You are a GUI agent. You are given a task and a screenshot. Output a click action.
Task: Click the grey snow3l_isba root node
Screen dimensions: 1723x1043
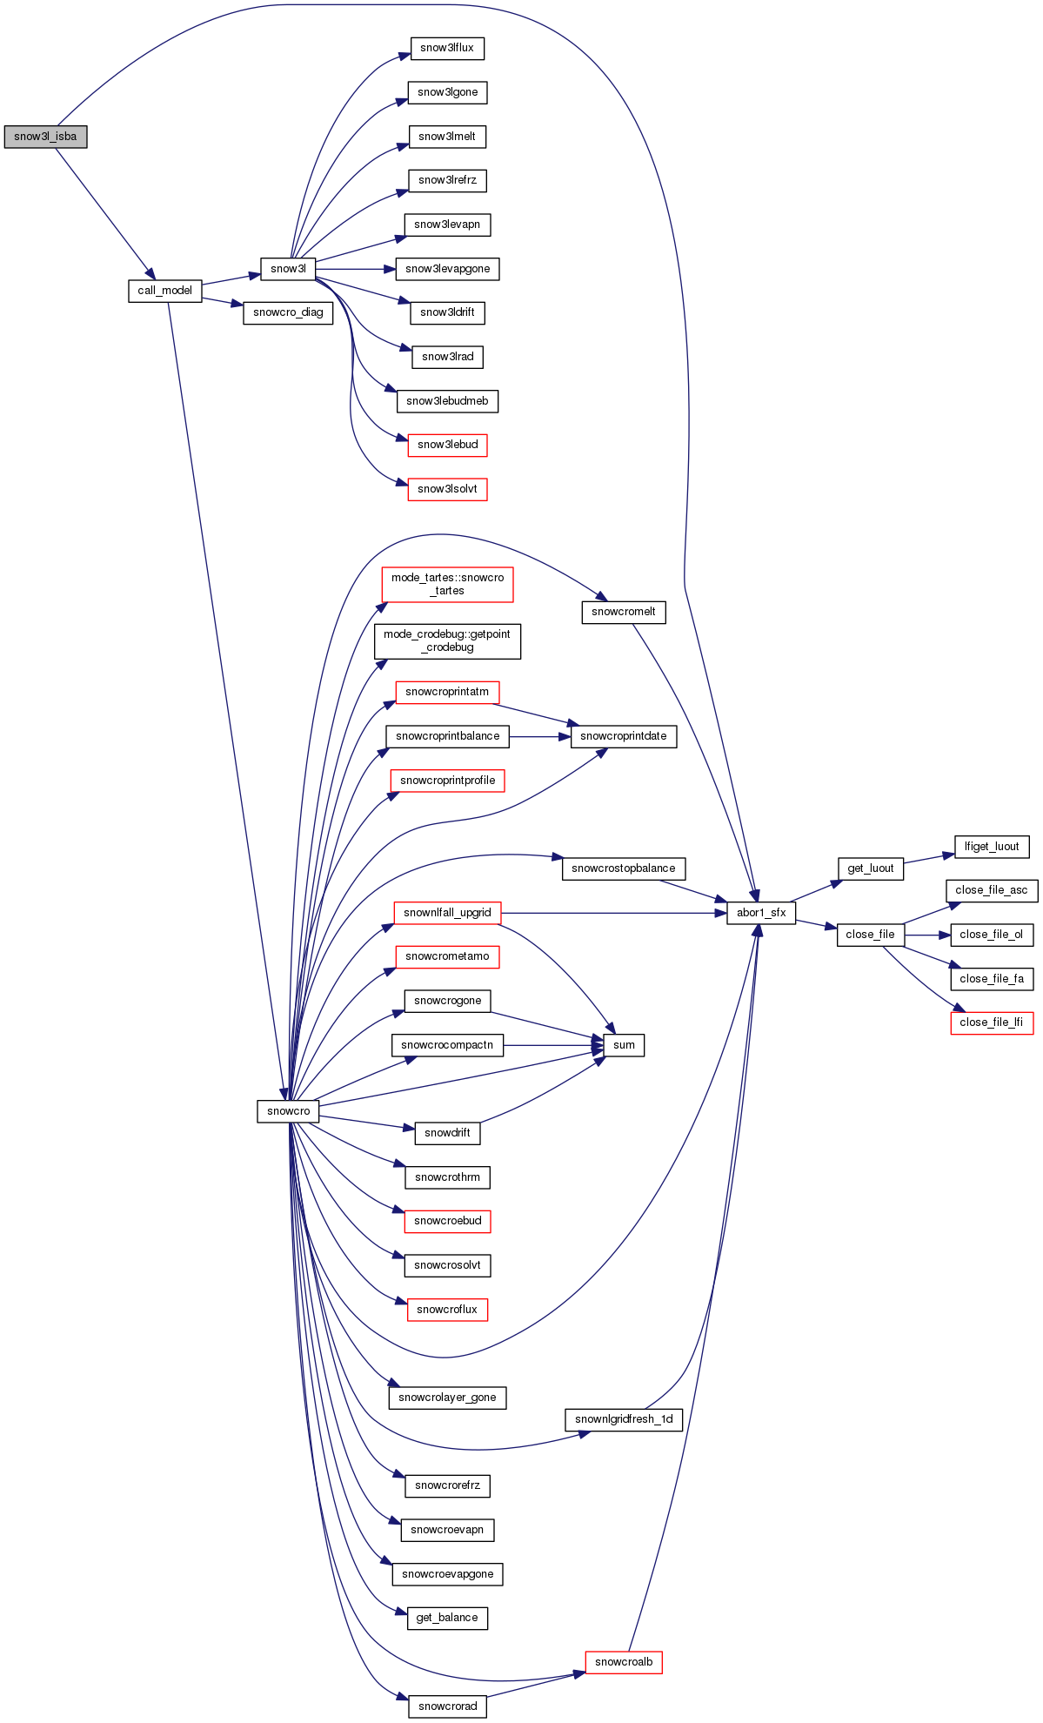coord(45,137)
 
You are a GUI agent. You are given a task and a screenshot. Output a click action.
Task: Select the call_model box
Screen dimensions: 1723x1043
coord(164,291)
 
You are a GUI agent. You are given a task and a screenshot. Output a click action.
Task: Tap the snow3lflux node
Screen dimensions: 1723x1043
coord(447,48)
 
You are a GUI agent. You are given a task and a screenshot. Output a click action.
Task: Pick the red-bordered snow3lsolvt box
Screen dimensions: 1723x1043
coord(447,489)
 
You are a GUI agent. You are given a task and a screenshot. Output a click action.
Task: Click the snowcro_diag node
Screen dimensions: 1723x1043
coord(288,312)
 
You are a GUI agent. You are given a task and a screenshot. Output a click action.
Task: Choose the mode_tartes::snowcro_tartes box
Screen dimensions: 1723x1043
coord(447,584)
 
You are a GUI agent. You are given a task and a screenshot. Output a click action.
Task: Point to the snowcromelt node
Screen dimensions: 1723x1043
coord(623,612)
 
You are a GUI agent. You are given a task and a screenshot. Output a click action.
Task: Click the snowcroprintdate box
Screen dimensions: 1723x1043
coord(623,736)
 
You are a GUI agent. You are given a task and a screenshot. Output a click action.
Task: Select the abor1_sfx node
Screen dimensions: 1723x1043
coord(761,913)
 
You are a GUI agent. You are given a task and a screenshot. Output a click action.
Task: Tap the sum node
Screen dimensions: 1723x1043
coord(624,1045)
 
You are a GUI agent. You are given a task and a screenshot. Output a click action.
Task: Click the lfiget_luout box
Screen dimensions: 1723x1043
coord(992,846)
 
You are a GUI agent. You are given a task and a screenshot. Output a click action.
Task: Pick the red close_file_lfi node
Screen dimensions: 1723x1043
coord(992,1022)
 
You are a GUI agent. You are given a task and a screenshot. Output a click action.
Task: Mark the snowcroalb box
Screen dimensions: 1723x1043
coord(624,1662)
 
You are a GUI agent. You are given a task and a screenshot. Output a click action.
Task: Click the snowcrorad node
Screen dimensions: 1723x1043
coord(447,1706)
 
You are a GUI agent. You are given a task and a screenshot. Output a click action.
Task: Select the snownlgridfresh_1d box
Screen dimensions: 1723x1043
coord(624,1419)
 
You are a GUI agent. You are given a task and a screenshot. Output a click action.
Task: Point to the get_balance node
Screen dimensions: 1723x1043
coord(447,1618)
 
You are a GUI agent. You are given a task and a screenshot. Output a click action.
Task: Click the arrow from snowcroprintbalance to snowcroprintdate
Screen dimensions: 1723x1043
coord(539,736)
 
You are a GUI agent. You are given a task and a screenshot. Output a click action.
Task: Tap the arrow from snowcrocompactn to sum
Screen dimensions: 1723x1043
coord(553,1045)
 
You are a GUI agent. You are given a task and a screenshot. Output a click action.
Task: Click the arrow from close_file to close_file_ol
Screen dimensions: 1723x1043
coord(927,935)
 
